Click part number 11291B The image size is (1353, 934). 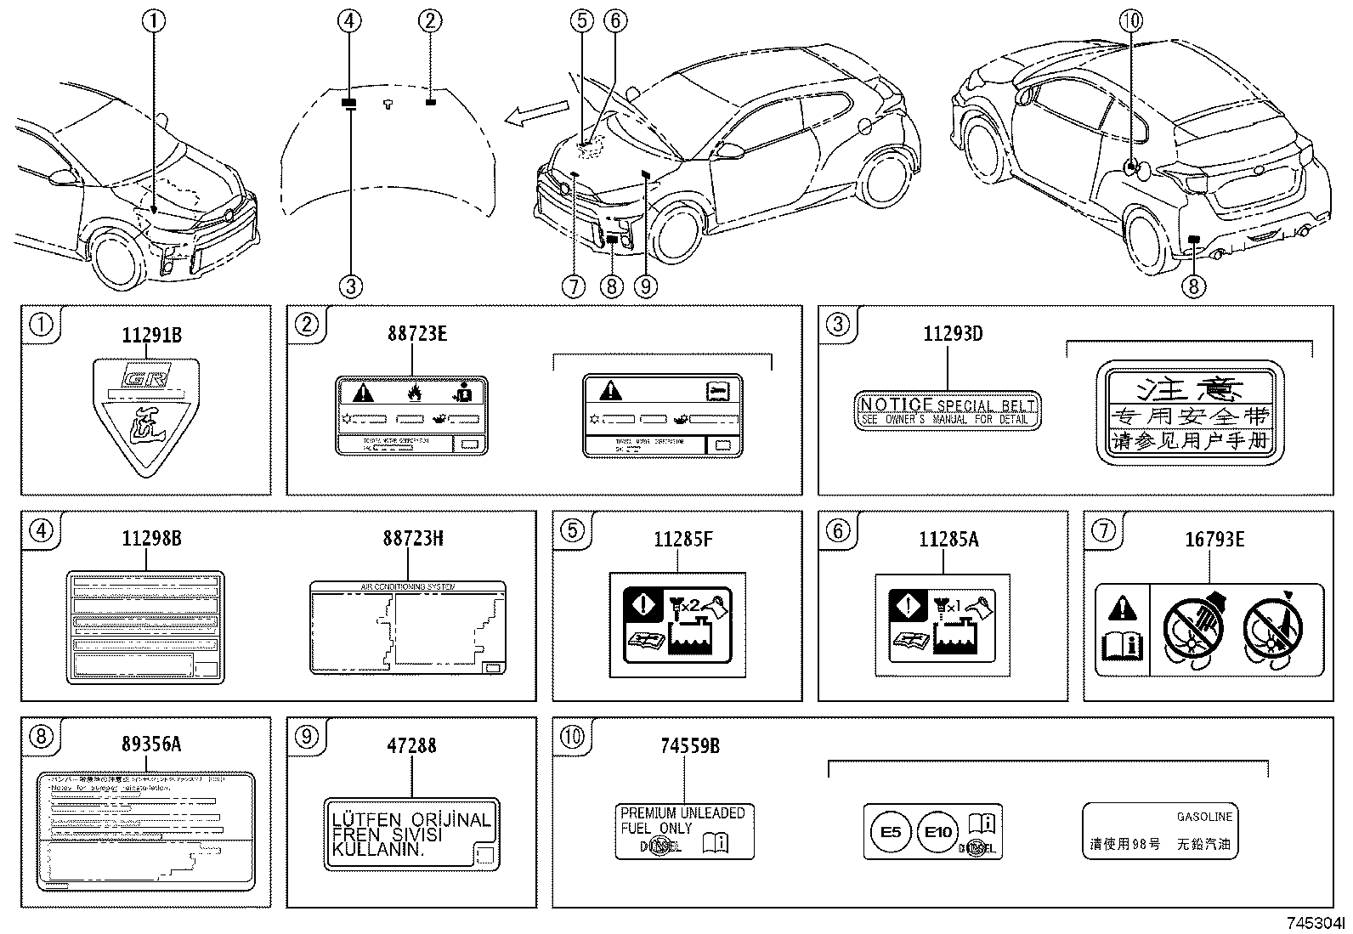pos(151,335)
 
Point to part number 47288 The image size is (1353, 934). pos(411,745)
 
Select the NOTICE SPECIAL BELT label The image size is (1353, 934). pos(947,411)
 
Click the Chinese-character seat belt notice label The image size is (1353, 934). pos(1189,413)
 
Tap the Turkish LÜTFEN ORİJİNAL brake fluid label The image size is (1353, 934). pos(411,835)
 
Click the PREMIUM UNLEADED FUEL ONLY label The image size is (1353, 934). pos(683,830)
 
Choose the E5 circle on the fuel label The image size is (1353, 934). pos(890,831)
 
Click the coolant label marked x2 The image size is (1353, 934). pos(677,625)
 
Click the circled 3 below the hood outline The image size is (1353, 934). pos(350,286)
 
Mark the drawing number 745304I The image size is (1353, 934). pos(1316,923)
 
